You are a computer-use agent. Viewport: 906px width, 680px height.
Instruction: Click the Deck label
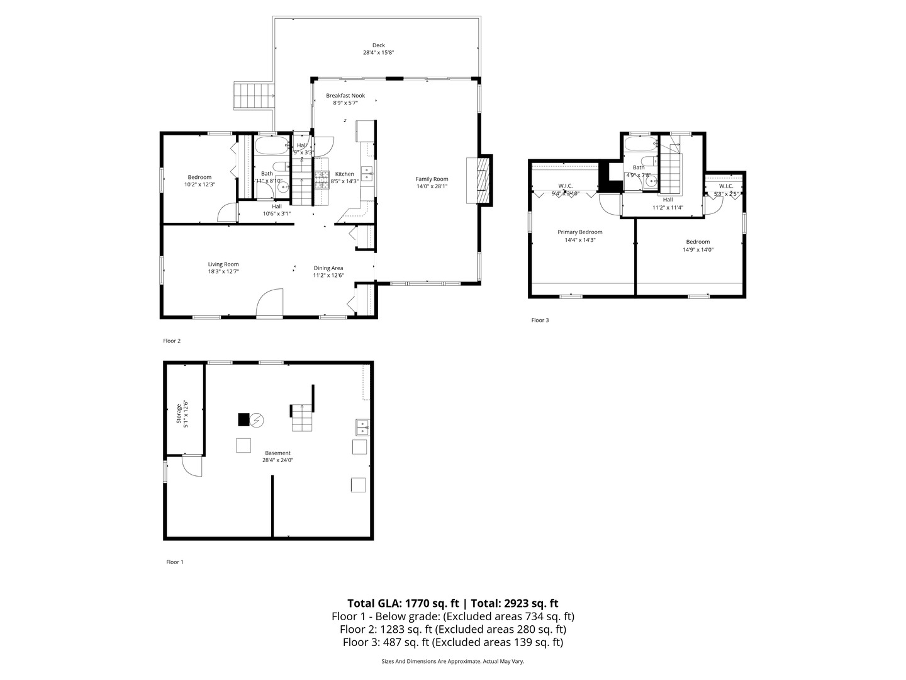tap(378, 45)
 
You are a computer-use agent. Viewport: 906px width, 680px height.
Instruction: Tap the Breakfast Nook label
tap(345, 96)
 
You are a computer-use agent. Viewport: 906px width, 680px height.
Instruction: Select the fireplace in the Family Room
tap(481, 179)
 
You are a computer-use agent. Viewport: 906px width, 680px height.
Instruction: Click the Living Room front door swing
tap(271, 303)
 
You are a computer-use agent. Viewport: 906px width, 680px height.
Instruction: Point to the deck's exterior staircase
tap(254, 96)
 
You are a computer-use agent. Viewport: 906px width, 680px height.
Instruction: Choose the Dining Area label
tap(328, 268)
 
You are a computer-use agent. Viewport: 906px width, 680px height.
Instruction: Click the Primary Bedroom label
tap(579, 232)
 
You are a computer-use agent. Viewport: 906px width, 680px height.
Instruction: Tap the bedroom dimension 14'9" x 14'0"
tap(698, 250)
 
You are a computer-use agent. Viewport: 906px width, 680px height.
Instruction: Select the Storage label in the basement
tap(179, 416)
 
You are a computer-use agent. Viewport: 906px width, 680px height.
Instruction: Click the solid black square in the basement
tap(243, 419)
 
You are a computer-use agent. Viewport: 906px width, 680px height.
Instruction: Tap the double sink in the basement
tap(362, 428)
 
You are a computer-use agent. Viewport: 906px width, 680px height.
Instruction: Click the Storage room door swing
tap(191, 467)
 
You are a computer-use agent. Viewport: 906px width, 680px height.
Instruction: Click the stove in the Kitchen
tap(322, 179)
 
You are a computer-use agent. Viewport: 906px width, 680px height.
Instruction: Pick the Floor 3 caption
tap(540, 320)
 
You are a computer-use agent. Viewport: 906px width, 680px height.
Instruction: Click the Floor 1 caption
tap(174, 562)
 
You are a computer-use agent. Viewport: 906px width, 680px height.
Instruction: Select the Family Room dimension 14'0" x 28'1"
tap(432, 186)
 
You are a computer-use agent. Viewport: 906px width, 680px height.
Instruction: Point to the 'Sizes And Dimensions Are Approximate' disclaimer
tap(452, 661)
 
